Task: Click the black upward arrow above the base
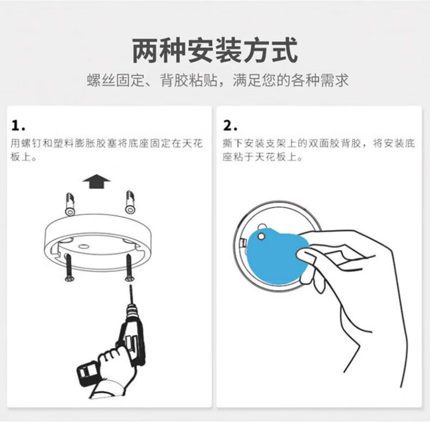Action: point(96,181)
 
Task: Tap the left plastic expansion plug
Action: point(70,204)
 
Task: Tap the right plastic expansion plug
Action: point(130,203)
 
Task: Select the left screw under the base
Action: point(69,268)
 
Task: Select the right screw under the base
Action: point(129,268)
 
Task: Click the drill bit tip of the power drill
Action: point(131,286)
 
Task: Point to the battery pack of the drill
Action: point(87,373)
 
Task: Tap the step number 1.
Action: point(18,125)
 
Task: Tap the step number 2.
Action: point(230,125)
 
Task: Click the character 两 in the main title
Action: point(146,51)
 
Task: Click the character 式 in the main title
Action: point(285,51)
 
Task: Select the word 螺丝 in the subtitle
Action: point(101,81)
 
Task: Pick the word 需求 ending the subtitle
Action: point(334,81)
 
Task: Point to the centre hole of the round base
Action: point(84,246)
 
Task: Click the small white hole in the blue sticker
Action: point(261,236)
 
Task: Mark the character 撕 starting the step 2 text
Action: point(228,143)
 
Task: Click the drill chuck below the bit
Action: point(132,310)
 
